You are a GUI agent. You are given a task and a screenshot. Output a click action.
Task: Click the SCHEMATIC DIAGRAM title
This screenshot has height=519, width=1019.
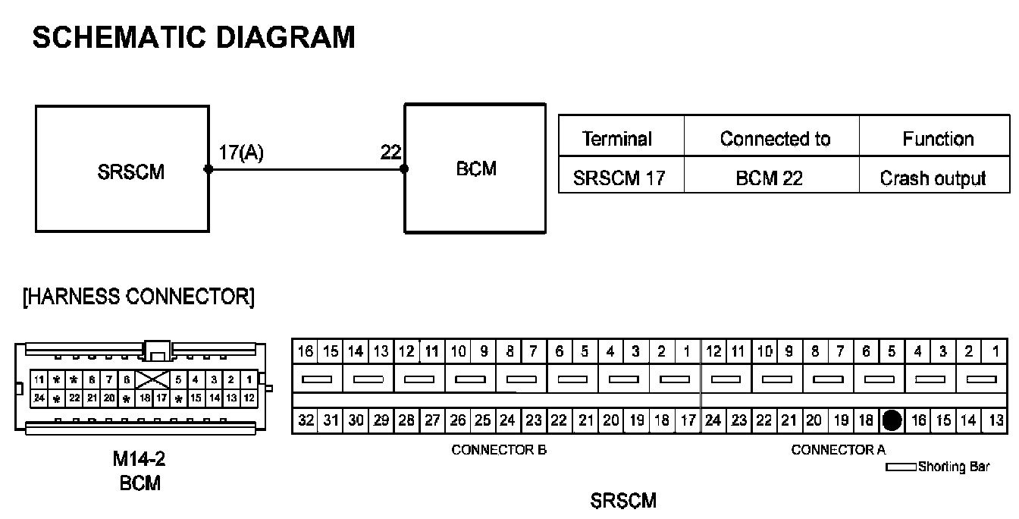(x=193, y=37)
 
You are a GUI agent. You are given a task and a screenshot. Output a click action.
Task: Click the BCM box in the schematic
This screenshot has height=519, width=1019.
(x=475, y=168)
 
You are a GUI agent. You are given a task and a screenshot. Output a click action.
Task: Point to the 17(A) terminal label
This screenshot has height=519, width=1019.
(x=241, y=153)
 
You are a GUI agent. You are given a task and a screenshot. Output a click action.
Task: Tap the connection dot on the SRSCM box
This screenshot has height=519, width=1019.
(x=209, y=169)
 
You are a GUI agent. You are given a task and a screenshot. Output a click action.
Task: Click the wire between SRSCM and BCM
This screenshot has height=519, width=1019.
(x=306, y=169)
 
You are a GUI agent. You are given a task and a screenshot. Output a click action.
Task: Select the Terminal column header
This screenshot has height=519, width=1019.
(x=617, y=139)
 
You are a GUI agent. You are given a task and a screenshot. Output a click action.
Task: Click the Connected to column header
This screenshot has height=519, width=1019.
(x=775, y=139)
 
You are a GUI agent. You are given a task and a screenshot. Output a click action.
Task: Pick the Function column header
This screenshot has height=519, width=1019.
(x=938, y=139)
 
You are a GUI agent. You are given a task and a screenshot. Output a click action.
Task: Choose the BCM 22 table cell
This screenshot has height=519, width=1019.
(x=770, y=178)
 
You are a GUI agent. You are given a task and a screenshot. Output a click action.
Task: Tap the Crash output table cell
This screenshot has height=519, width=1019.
(x=933, y=178)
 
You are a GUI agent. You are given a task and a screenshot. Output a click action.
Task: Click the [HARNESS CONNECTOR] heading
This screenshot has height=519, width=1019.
(x=139, y=297)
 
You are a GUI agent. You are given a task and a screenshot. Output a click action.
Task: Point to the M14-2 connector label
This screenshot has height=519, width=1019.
(x=140, y=459)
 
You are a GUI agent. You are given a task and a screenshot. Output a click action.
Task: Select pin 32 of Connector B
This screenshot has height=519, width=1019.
(x=306, y=420)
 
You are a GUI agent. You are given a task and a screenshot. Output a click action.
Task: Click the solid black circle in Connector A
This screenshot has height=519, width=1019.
(x=892, y=420)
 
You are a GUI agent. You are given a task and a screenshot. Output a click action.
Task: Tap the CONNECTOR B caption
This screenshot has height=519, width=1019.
(x=499, y=450)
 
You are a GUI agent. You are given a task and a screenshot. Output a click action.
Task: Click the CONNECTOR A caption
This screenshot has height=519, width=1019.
(x=838, y=450)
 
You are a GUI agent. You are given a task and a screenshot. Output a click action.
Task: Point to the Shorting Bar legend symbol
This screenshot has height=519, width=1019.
(x=901, y=467)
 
